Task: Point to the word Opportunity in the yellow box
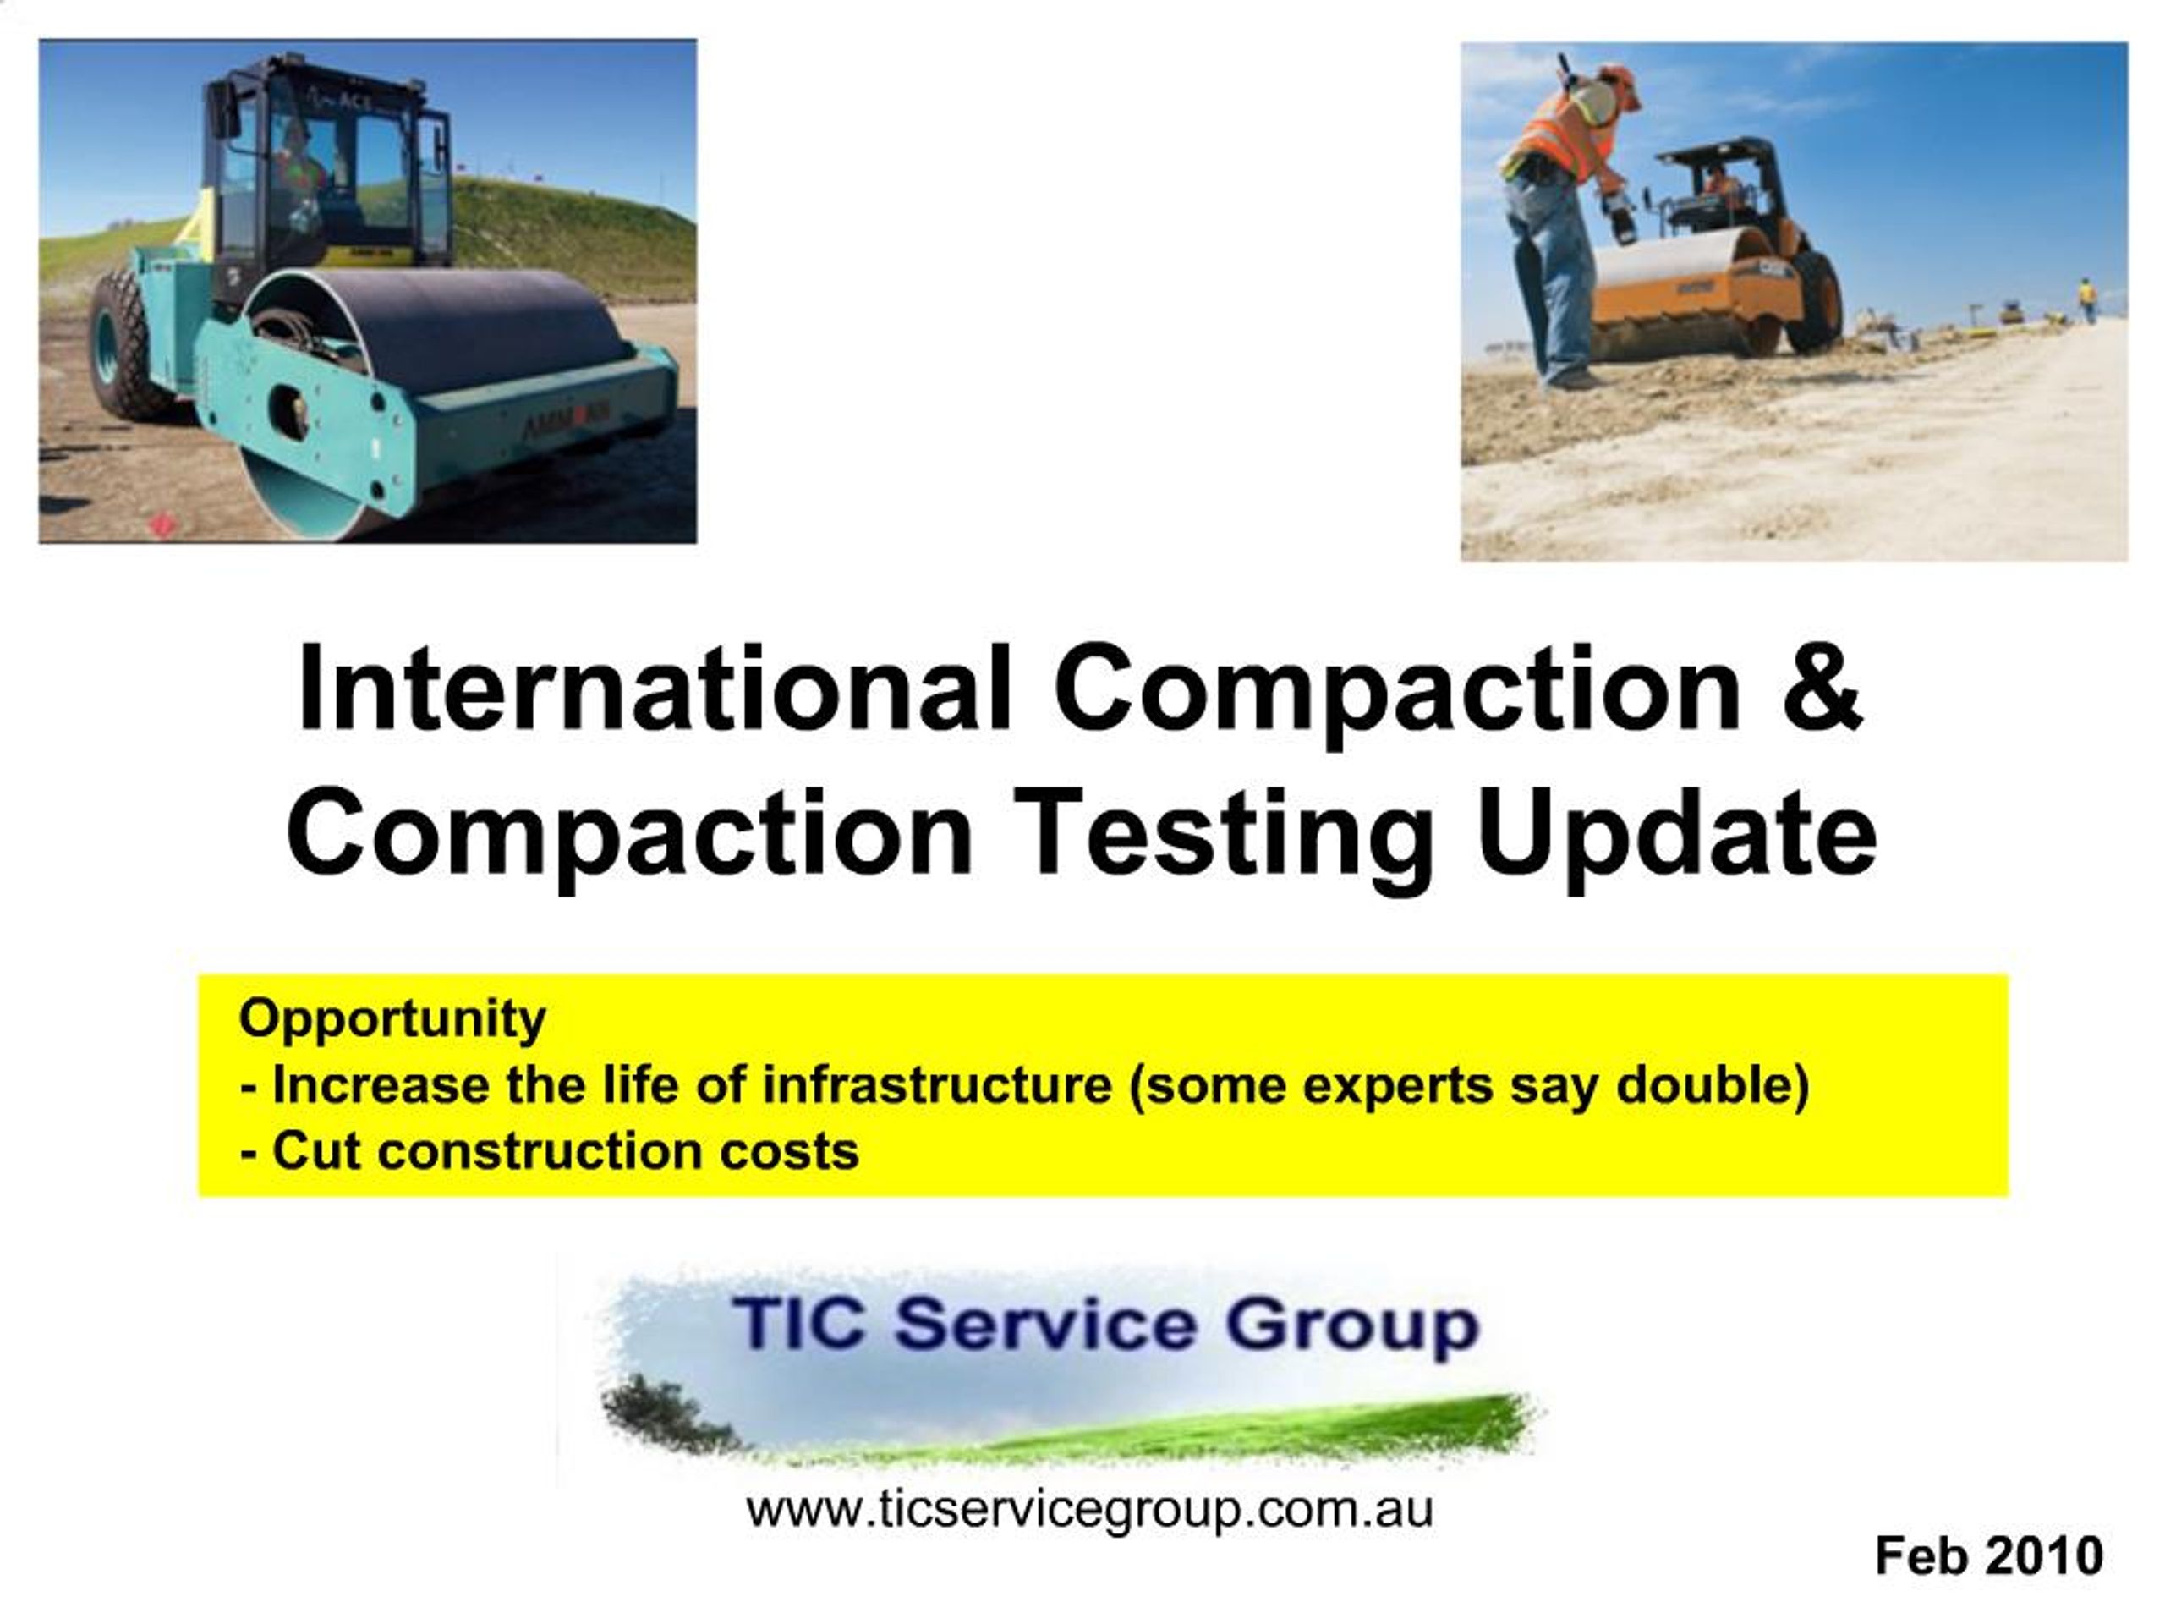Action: click(392, 1019)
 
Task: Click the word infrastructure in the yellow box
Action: click(938, 1084)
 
